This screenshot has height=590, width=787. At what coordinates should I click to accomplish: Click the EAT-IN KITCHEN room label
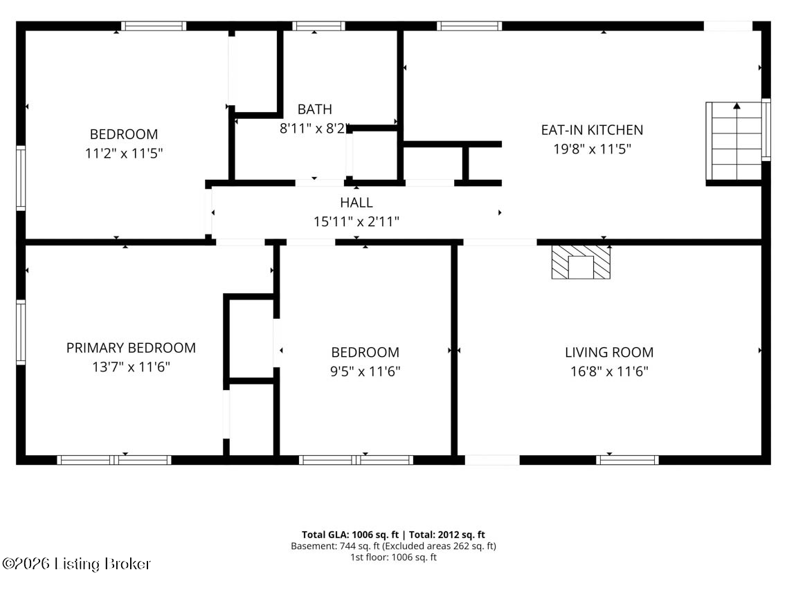(x=592, y=130)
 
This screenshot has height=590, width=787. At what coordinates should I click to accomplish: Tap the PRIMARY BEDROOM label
(x=131, y=348)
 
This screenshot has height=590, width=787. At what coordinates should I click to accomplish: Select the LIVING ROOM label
(x=609, y=352)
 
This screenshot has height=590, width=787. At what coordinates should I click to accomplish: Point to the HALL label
(x=356, y=203)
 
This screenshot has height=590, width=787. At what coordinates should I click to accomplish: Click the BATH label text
(x=315, y=109)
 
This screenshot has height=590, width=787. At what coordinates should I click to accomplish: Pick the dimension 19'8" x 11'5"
(x=592, y=149)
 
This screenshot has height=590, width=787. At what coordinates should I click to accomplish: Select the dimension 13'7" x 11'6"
(x=131, y=367)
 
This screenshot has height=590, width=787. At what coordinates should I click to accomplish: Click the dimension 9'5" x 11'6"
(x=365, y=371)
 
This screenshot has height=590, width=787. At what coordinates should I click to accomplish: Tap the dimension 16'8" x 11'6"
(x=609, y=371)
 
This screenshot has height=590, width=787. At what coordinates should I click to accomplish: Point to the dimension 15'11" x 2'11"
(x=356, y=221)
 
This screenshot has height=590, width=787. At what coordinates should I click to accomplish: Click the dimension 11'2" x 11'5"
(x=124, y=153)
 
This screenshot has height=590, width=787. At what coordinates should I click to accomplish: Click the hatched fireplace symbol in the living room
(x=581, y=262)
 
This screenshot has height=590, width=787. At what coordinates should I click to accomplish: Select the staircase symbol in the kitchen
(x=735, y=141)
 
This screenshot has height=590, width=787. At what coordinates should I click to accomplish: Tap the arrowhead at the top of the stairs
(x=736, y=106)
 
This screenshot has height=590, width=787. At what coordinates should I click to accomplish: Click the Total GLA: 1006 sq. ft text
(x=350, y=535)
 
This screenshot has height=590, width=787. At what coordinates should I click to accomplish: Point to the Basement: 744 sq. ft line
(x=393, y=546)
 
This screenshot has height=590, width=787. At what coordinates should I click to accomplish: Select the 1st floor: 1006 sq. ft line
(x=393, y=557)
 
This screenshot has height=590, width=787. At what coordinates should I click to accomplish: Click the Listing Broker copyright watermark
(x=76, y=564)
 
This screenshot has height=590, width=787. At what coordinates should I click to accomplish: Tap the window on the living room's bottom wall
(x=627, y=459)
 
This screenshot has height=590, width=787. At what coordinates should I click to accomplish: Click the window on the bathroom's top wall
(x=318, y=26)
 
